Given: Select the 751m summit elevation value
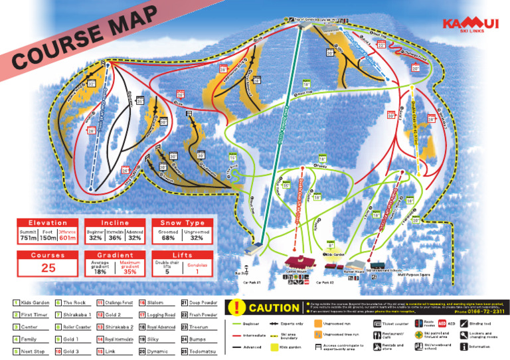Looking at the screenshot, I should point(28,238).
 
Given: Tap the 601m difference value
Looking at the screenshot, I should point(68,238).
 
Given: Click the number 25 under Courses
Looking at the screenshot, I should point(48,268).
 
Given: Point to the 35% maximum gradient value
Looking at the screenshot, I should point(129,271).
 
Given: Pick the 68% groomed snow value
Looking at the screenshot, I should point(169,238).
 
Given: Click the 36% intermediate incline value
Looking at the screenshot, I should point(115,238).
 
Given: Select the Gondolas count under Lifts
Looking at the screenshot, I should point(197,268).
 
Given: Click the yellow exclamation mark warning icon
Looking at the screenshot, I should point(237,308).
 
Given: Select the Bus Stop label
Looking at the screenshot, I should point(241,273).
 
